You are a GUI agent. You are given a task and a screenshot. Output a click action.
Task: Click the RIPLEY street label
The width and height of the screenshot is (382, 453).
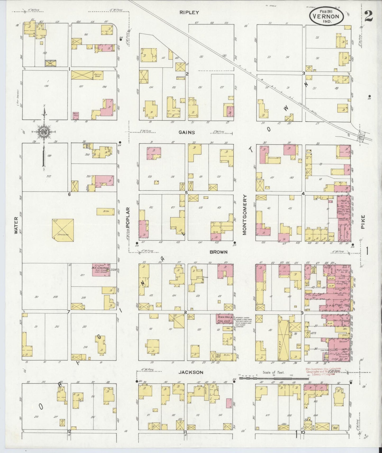(189, 12)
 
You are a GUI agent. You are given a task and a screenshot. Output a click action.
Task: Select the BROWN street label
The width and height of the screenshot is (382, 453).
(218, 252)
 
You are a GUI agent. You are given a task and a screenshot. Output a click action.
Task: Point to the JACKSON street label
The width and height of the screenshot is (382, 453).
(191, 372)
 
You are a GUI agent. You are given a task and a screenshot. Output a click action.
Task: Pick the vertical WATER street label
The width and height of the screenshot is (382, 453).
(16, 225)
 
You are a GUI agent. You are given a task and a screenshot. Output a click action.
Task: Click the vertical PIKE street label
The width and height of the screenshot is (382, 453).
(362, 222)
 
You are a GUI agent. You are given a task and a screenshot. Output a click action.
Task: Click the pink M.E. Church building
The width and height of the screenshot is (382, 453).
(101, 270)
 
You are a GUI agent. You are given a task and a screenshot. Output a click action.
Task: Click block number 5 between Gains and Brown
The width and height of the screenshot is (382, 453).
(186, 193)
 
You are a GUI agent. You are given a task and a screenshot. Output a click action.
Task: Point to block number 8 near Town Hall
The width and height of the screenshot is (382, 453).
(185, 312)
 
